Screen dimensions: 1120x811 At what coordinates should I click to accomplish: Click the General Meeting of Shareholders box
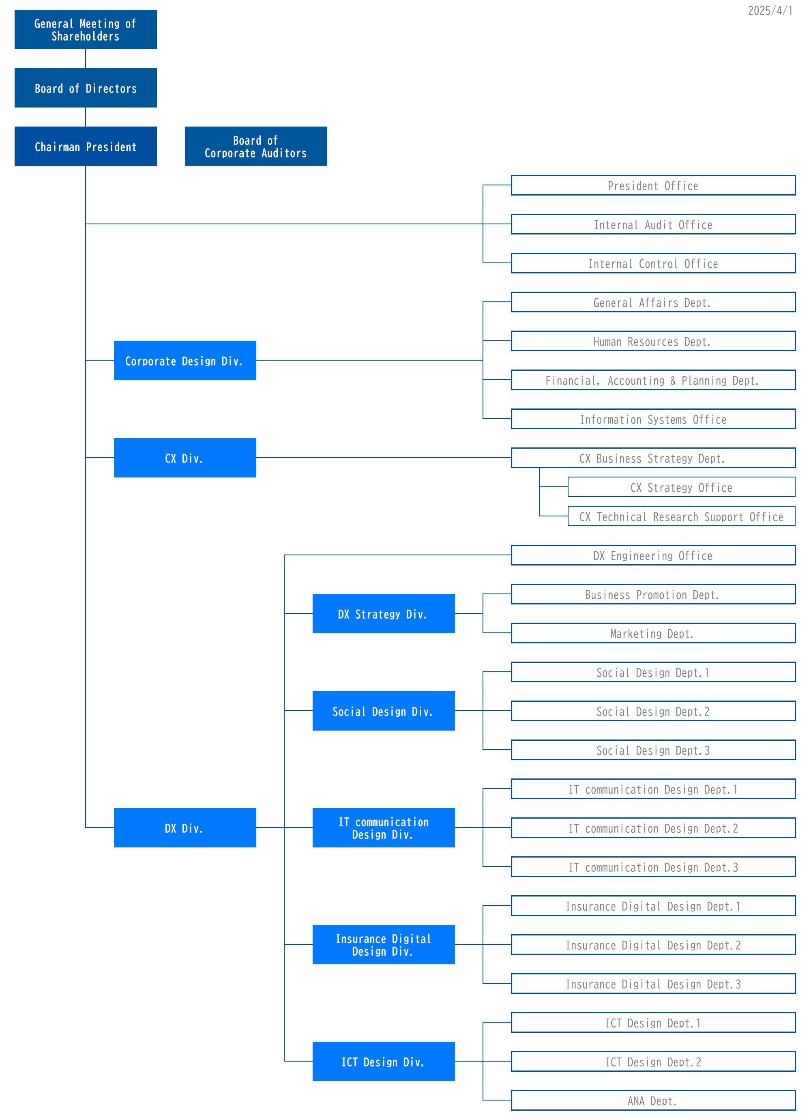86,30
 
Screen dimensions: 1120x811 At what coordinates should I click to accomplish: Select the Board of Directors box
86,88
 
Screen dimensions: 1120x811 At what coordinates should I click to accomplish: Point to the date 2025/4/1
770,11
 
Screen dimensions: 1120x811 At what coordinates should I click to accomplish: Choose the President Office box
652,186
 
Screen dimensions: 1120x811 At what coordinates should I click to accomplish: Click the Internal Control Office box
652,263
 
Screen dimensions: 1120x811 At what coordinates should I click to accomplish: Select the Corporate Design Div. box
185,361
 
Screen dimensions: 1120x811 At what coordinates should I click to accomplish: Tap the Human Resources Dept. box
652,341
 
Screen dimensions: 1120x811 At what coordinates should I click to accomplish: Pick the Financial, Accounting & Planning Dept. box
652,380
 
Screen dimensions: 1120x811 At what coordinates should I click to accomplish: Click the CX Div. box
185,458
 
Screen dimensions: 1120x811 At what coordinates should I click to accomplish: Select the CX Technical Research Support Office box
681,516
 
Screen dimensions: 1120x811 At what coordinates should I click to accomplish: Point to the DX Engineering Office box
652,556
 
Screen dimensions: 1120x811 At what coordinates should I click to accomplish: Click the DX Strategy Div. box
383,614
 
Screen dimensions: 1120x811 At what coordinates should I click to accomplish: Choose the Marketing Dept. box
652,633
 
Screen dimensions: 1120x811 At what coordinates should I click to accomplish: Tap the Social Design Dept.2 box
652,711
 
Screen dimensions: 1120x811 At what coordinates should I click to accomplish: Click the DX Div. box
185,828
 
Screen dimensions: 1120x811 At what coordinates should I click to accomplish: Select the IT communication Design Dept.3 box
652,867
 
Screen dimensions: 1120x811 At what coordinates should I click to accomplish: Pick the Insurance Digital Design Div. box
383,945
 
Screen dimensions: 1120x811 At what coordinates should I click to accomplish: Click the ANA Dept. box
652,1101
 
